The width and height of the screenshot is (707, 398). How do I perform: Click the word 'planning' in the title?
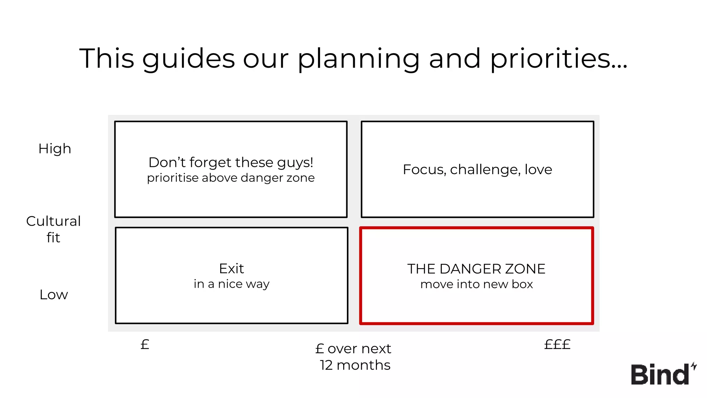pyautogui.click(x=359, y=59)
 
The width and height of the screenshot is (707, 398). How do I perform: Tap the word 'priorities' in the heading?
pyautogui.click(x=559, y=59)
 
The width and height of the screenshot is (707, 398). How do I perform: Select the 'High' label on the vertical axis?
pyautogui.click(x=55, y=149)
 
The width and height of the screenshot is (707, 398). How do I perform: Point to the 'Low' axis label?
pyautogui.click(x=54, y=295)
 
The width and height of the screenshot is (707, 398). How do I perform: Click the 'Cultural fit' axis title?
pyautogui.click(x=54, y=229)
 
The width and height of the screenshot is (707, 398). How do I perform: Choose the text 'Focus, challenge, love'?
pyautogui.click(x=477, y=170)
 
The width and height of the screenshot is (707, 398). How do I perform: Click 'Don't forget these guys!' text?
pyautogui.click(x=231, y=162)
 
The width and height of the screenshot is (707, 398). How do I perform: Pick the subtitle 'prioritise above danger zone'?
pyautogui.click(x=231, y=178)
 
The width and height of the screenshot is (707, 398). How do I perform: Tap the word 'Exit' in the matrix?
pyautogui.click(x=231, y=268)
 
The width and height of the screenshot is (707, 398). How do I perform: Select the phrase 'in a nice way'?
pyautogui.click(x=231, y=284)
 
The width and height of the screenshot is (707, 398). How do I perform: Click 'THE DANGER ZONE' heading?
pyautogui.click(x=476, y=269)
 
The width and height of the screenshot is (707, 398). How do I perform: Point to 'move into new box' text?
pyautogui.click(x=476, y=284)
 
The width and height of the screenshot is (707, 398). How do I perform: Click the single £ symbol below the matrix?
pyautogui.click(x=145, y=344)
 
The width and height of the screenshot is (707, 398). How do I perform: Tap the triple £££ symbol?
pyautogui.click(x=557, y=344)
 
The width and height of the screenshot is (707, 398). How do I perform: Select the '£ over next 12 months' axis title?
pyautogui.click(x=353, y=357)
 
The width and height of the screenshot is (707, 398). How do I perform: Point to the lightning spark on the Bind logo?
pyautogui.click(x=694, y=366)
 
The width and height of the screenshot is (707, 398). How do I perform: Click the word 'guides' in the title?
pyautogui.click(x=188, y=59)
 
